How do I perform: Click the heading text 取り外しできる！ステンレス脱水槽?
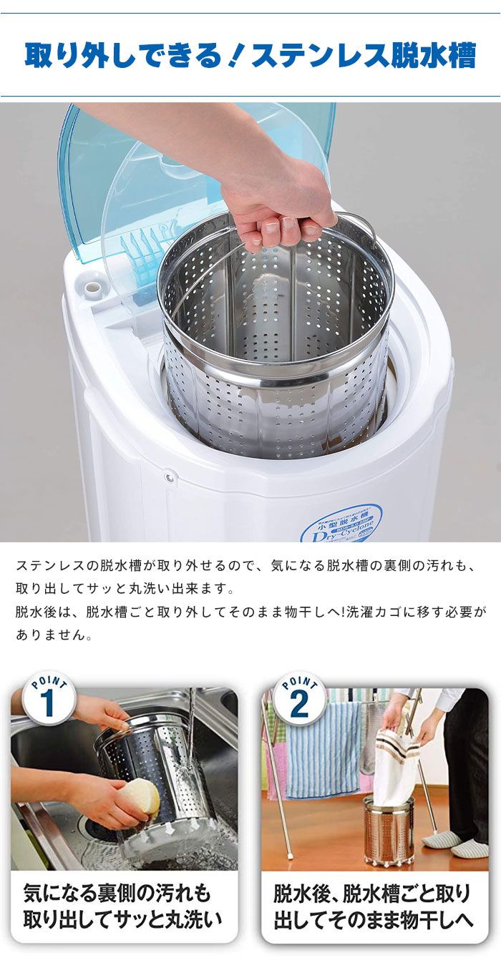tap(250, 55)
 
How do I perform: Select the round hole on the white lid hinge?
tap(92, 288)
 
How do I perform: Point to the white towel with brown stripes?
tap(398, 766)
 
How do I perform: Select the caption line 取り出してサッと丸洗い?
tap(123, 919)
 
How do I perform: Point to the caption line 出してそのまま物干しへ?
tap(373, 919)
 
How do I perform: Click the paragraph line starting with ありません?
tap(54, 635)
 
